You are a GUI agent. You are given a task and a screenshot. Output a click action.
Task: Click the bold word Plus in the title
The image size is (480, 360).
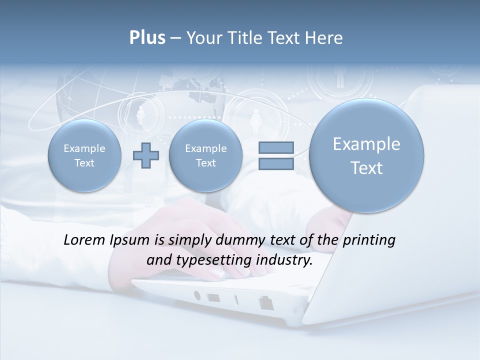click(147, 38)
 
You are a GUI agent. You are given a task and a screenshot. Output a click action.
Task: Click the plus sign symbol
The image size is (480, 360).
click(146, 155)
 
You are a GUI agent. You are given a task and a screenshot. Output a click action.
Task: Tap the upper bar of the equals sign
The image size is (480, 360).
click(276, 147)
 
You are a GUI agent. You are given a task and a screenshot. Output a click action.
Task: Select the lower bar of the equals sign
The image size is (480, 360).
click(276, 163)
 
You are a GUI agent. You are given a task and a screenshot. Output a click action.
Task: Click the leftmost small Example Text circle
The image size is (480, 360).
click(84, 155)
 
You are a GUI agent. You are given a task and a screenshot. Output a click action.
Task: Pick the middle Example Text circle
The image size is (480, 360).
click(205, 155)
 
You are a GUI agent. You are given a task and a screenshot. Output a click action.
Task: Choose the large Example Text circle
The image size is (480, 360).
click(366, 155)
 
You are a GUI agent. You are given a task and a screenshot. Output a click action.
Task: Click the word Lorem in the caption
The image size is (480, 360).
click(85, 240)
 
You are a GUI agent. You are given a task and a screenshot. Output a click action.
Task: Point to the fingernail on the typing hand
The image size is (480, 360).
click(216, 273)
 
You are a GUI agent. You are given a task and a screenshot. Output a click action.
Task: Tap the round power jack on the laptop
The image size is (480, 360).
click(196, 295)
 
